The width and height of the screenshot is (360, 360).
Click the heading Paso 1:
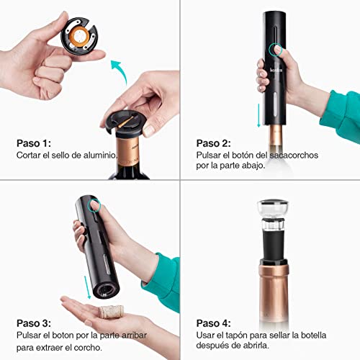pyautogui.click(x=34, y=143)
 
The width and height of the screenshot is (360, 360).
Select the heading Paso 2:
pyautogui.click(x=214, y=143)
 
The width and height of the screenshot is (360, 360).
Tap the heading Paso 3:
pyautogui.click(x=34, y=323)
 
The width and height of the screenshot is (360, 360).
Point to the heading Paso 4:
pyautogui.click(x=214, y=323)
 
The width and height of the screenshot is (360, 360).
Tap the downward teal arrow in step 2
pyautogui.click(x=258, y=115)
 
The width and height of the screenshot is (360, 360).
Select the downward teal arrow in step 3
pyautogui.click(x=87, y=287)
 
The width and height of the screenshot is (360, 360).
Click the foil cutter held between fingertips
pyautogui.click(x=79, y=36)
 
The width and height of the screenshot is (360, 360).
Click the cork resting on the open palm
pyautogui.click(x=111, y=312)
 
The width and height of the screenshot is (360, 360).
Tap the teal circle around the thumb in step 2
pyautogui.click(x=275, y=50)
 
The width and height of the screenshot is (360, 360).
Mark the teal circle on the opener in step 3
pyautogui.click(x=95, y=205)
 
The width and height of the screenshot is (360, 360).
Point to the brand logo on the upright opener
pyautogui.click(x=276, y=70)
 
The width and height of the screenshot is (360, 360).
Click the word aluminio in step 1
pyautogui.click(x=100, y=155)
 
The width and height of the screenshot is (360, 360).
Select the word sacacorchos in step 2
pyautogui.click(x=294, y=155)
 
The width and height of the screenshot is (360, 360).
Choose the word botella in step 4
pyautogui.click(x=313, y=335)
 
